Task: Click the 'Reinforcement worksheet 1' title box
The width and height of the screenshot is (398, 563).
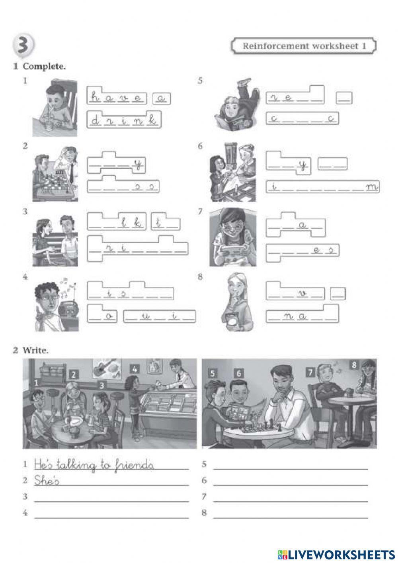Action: point(304,46)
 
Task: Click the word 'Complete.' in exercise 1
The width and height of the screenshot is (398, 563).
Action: point(44,67)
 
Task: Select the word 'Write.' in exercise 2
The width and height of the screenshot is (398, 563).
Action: point(36,351)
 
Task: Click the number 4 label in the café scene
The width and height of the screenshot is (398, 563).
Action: point(135,369)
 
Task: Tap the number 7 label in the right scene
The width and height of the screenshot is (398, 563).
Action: point(310,373)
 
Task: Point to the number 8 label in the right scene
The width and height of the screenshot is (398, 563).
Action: point(355,364)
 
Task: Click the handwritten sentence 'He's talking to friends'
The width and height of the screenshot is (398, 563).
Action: point(94,465)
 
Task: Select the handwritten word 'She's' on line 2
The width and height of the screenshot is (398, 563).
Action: point(47,481)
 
